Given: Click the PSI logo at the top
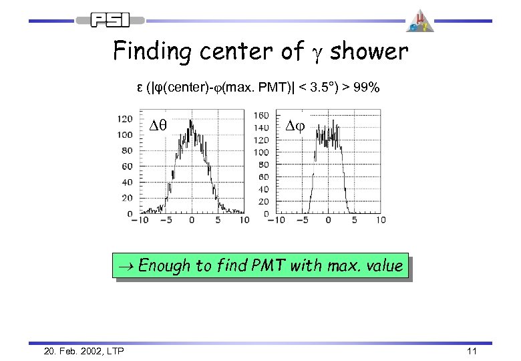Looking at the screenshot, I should [x=112, y=20].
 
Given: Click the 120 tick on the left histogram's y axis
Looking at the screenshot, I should [x=124, y=119].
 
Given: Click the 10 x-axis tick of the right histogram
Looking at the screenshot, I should [x=380, y=220].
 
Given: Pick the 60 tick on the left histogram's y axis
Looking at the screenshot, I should [x=126, y=166].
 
